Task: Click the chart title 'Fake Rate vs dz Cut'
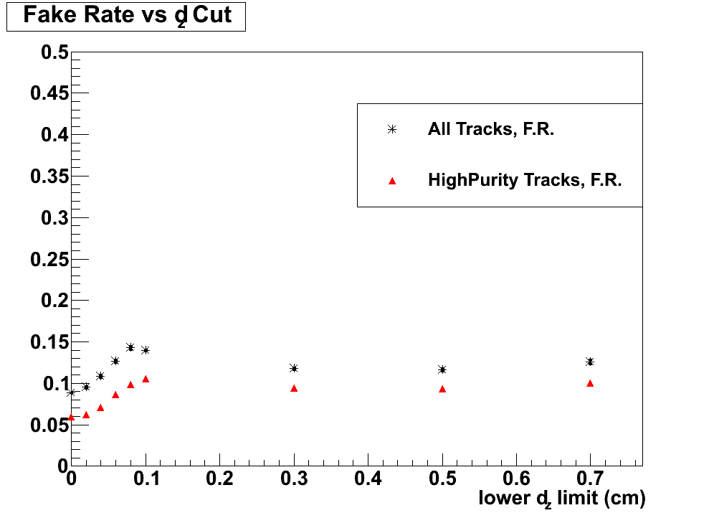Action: pyautogui.click(x=127, y=16)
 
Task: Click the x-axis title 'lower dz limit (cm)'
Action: pyautogui.click(x=562, y=498)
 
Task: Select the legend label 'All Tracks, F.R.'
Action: pyautogui.click(x=491, y=130)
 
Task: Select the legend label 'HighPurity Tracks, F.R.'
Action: pyautogui.click(x=525, y=180)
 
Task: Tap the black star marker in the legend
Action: pyautogui.click(x=391, y=130)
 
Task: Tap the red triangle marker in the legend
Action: pyautogui.click(x=391, y=181)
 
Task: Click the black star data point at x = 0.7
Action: pyautogui.click(x=590, y=362)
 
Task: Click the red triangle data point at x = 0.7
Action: pyautogui.click(x=590, y=383)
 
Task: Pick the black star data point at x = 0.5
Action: pyautogui.click(x=442, y=369)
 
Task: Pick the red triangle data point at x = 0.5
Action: pyautogui.click(x=442, y=389)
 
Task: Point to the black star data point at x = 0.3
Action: pyautogui.click(x=294, y=368)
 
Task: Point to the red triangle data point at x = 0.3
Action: pyautogui.click(x=294, y=388)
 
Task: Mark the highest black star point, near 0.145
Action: pyautogui.click(x=130, y=347)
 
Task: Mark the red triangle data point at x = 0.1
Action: pyautogui.click(x=146, y=379)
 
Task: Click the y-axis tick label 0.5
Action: pyautogui.click(x=54, y=52)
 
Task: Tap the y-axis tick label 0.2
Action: pyautogui.click(x=54, y=301)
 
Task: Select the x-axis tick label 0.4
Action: pyautogui.click(x=368, y=478)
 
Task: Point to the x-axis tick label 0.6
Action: pyautogui.click(x=516, y=478)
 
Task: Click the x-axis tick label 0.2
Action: pyautogui.click(x=219, y=478)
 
